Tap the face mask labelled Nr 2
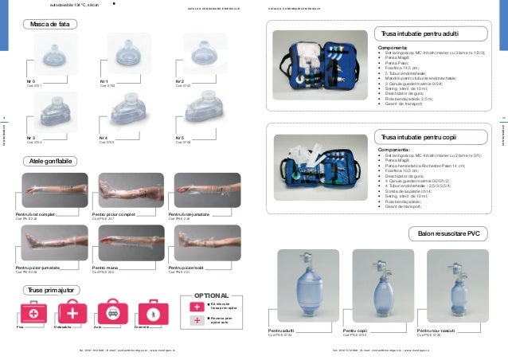[x=196, y=58]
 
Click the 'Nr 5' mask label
[x=181, y=137]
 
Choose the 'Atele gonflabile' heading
[x=50, y=161]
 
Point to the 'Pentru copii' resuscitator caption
[x=355, y=328]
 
